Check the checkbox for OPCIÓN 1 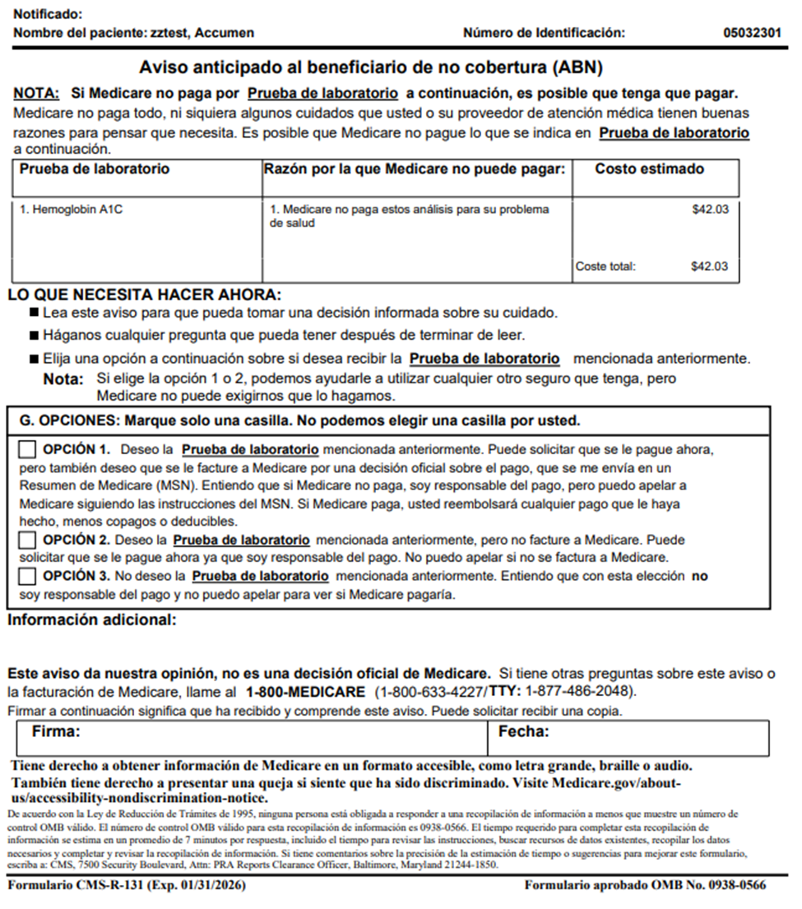coord(27,450)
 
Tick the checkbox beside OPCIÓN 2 coord(27,540)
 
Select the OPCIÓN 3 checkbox coord(27,577)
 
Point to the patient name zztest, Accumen coord(202,34)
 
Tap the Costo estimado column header coord(649,169)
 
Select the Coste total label coord(605,267)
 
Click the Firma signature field coord(252,739)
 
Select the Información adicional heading coord(92,619)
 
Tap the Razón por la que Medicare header coord(415,169)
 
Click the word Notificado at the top coord(49,15)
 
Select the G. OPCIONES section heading coord(299,420)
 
